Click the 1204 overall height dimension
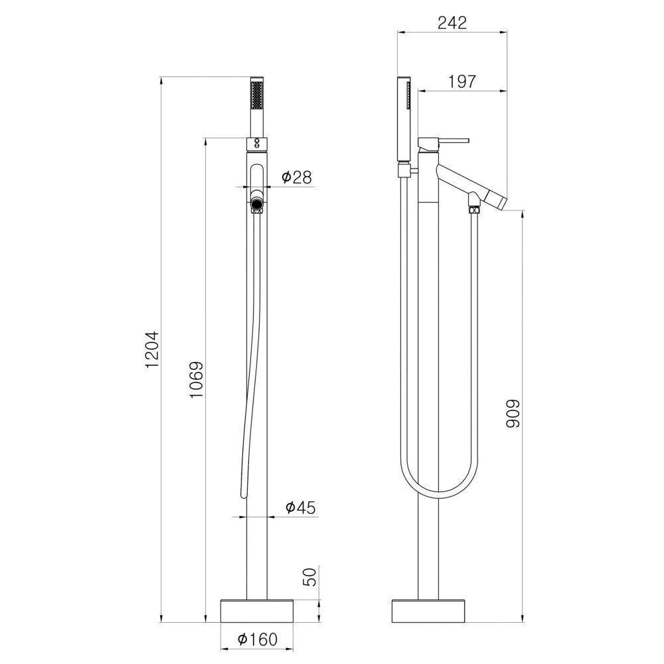coord(152,349)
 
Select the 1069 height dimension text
coord(197,379)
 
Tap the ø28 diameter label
coord(296,177)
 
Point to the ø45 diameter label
coord(301,507)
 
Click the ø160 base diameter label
coord(258,639)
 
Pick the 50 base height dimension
coord(311,577)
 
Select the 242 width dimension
coord(452,23)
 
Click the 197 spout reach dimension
coord(462,81)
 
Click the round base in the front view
coord(257,611)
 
